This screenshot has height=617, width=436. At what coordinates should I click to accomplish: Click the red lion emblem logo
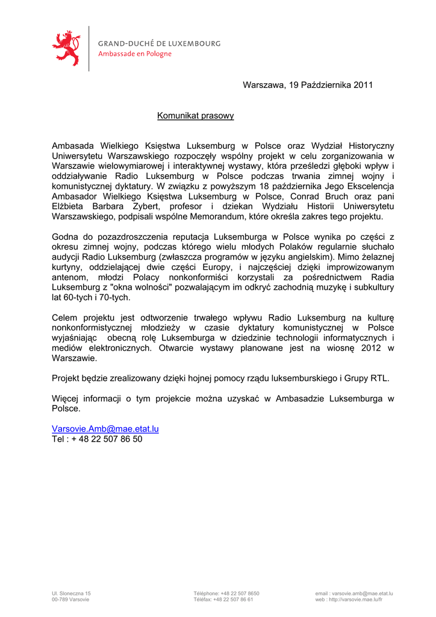point(66,48)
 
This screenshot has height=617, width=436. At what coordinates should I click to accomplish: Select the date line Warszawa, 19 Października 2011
point(308,85)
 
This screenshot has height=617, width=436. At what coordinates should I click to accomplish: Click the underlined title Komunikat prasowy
point(195,116)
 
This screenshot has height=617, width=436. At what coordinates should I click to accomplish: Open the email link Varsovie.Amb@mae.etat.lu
point(105,429)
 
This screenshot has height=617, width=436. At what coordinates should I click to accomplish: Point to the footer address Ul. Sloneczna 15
point(72,594)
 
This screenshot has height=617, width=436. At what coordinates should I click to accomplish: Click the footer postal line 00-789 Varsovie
point(70,600)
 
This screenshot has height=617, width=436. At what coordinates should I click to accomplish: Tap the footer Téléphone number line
point(226,594)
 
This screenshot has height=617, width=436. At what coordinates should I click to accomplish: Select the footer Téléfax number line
point(223,600)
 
